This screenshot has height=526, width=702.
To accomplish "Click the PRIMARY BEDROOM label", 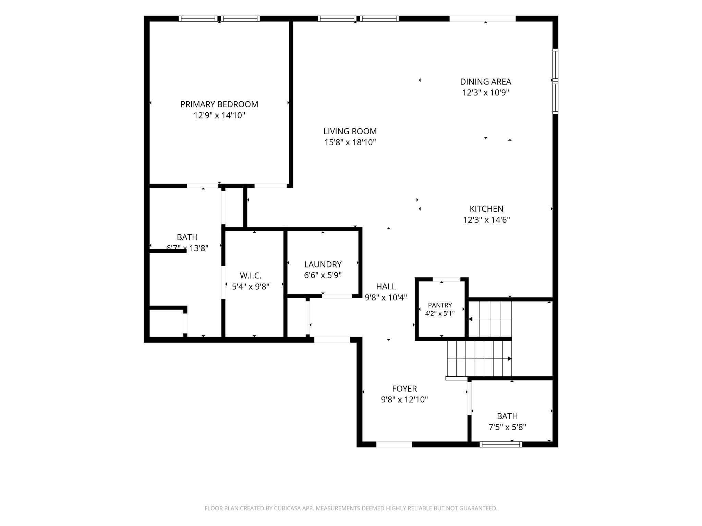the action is point(219,104).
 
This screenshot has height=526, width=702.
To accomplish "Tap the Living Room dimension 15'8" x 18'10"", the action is point(350,142).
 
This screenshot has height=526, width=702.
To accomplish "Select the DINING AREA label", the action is point(486,82).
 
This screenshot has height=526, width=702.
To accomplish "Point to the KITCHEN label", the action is point(486,209).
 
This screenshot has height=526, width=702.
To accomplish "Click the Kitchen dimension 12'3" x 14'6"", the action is point(486,220).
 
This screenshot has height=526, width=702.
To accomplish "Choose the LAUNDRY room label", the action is point(323,265).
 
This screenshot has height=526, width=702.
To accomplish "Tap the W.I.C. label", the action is point(251,276).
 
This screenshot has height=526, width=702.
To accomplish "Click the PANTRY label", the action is point(440,305).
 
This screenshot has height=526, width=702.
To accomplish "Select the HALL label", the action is point(386,287).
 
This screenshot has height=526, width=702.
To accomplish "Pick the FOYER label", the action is point(404,389).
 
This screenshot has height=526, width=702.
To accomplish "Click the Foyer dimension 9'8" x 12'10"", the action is point(404,400).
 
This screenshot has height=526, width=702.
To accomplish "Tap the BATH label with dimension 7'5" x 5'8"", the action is point(507,416).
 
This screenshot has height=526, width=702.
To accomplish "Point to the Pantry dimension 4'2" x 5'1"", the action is point(440,313).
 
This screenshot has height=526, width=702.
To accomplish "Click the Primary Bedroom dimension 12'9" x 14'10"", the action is point(219,115).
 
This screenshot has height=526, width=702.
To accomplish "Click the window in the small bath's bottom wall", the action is point(501,444).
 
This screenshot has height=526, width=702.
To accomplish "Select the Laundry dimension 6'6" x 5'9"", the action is point(323,276).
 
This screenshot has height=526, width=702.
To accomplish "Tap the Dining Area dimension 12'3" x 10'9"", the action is point(486,93).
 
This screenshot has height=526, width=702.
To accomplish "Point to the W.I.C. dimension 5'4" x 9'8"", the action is point(251,287).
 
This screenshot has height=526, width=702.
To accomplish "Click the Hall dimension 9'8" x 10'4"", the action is point(386,298).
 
